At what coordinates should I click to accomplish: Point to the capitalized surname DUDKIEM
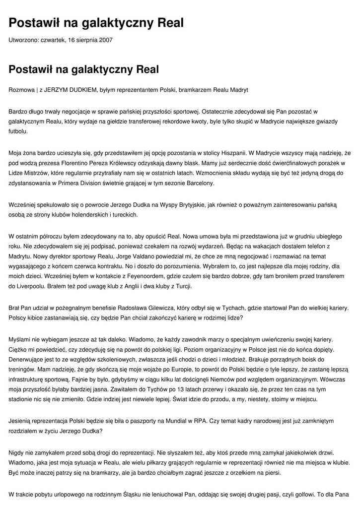[83, 90]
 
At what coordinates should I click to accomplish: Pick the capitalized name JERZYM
[56, 90]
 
